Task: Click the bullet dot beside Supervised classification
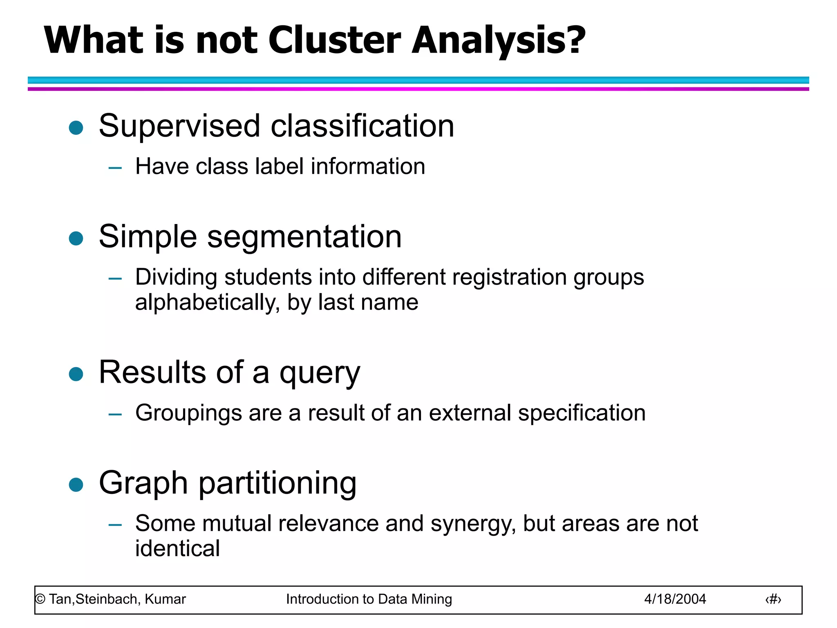point(76,128)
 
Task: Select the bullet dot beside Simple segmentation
point(76,238)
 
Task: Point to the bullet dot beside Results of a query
point(76,374)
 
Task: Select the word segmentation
point(304,237)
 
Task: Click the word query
point(320,373)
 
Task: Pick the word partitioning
point(278,484)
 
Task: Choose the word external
point(470,413)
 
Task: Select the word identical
point(177,549)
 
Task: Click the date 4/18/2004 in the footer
point(675,599)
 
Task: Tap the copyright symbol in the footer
point(40,599)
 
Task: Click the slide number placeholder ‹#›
point(773,599)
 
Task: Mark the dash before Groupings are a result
point(115,414)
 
